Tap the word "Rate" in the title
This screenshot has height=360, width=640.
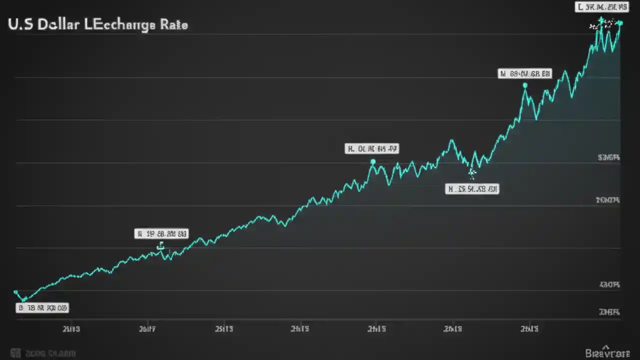174,24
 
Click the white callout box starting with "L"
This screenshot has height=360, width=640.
602,7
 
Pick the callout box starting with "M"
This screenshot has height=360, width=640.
525,74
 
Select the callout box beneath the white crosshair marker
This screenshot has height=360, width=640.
472,189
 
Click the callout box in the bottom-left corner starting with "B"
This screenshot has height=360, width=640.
42,308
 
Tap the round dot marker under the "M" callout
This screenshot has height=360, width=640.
525,85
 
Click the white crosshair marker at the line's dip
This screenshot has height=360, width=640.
471,173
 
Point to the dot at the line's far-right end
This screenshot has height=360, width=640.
620,23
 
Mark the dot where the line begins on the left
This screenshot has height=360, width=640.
15,292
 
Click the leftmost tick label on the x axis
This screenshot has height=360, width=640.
71,329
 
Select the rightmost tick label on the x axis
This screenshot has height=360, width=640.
529,329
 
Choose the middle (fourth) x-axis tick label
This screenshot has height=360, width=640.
300,329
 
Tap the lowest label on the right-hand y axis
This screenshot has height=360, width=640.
609,312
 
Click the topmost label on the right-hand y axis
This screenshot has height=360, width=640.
609,157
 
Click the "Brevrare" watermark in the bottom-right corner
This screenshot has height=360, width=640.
607,353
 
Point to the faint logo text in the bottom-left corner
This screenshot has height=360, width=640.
42,353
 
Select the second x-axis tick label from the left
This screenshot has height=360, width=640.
147,329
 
